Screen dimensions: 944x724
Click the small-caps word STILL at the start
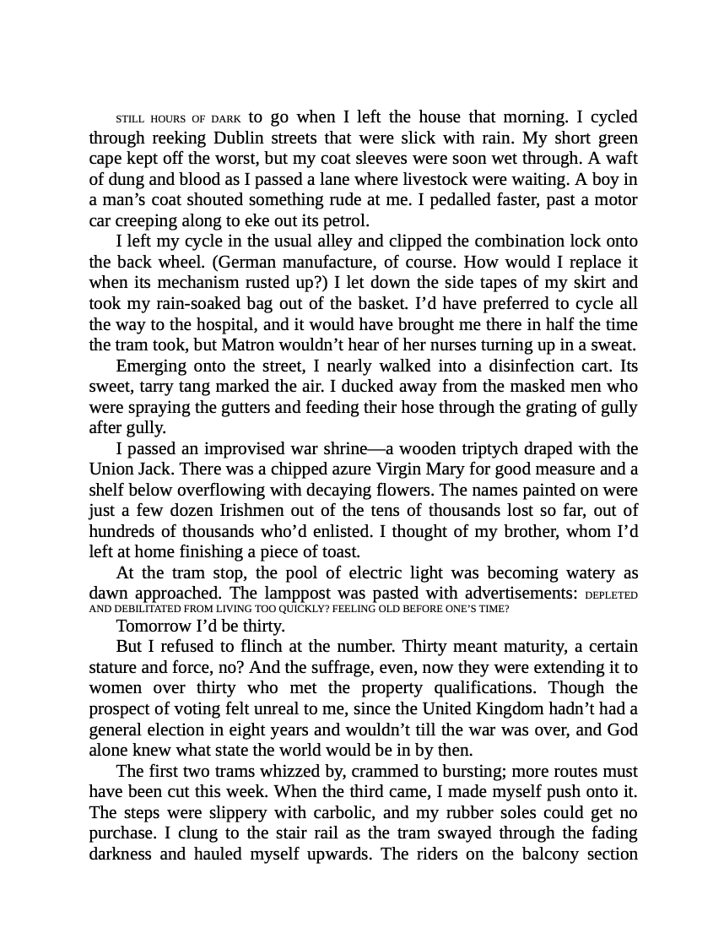(131, 119)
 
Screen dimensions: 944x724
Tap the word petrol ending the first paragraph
(346, 221)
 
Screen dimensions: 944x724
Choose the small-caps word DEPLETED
(611, 595)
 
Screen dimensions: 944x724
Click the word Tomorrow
(154, 627)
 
